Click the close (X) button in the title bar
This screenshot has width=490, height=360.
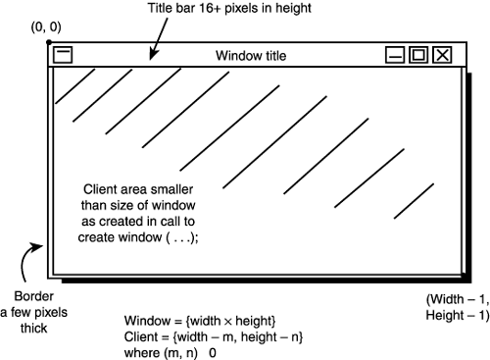tap(442, 55)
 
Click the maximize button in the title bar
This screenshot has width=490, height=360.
tap(418, 55)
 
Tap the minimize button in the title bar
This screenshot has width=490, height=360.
tap(395, 55)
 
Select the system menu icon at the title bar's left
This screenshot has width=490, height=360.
tap(62, 55)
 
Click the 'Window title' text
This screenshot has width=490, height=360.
tap(252, 56)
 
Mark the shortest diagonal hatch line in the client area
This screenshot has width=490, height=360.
tap(413, 201)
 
